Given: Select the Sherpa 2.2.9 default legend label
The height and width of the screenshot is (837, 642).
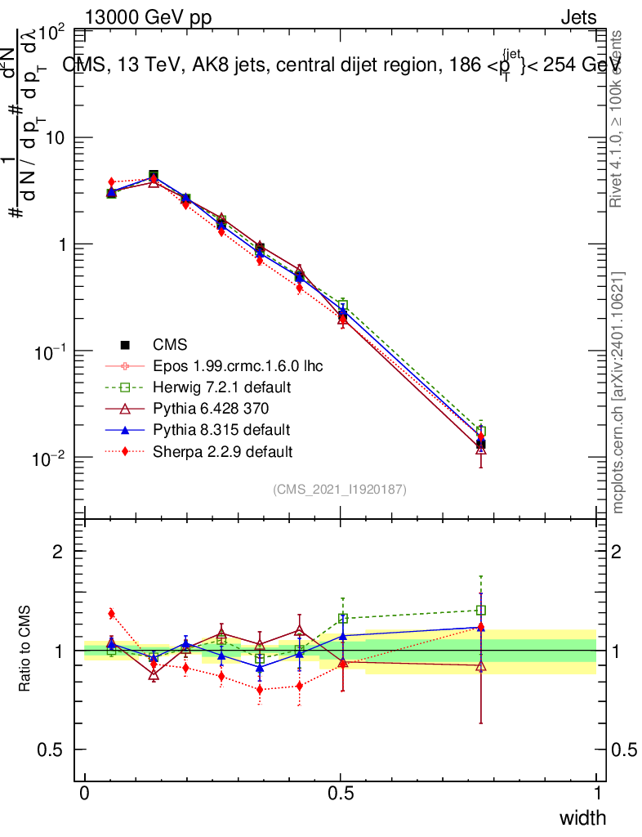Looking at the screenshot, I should tap(222, 451).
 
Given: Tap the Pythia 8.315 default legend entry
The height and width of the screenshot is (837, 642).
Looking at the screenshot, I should tap(221, 429).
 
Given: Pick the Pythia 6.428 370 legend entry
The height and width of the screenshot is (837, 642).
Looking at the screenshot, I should tap(211, 408).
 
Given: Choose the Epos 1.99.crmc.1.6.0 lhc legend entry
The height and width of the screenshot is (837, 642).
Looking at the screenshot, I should tap(238, 365).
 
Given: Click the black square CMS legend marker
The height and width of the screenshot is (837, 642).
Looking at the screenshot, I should tap(124, 344).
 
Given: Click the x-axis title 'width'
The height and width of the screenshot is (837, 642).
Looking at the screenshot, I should tap(582, 817).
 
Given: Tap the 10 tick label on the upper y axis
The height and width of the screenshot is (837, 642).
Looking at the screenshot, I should tap(56, 138).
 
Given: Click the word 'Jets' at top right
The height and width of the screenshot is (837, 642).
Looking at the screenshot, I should tap(578, 18).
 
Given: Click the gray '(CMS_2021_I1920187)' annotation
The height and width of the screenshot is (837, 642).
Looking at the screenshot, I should tap(340, 490).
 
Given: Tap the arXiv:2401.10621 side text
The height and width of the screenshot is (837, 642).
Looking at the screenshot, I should tap(619, 393).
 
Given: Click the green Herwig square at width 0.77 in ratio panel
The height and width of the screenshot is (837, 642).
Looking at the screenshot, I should tap(481, 610).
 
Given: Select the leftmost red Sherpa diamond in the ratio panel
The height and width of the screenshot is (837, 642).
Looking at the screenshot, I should tap(111, 614).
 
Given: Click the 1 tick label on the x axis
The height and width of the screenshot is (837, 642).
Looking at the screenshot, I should tap(596, 794).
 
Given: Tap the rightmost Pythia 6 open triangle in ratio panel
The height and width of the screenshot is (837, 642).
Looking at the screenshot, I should tap(481, 665).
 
